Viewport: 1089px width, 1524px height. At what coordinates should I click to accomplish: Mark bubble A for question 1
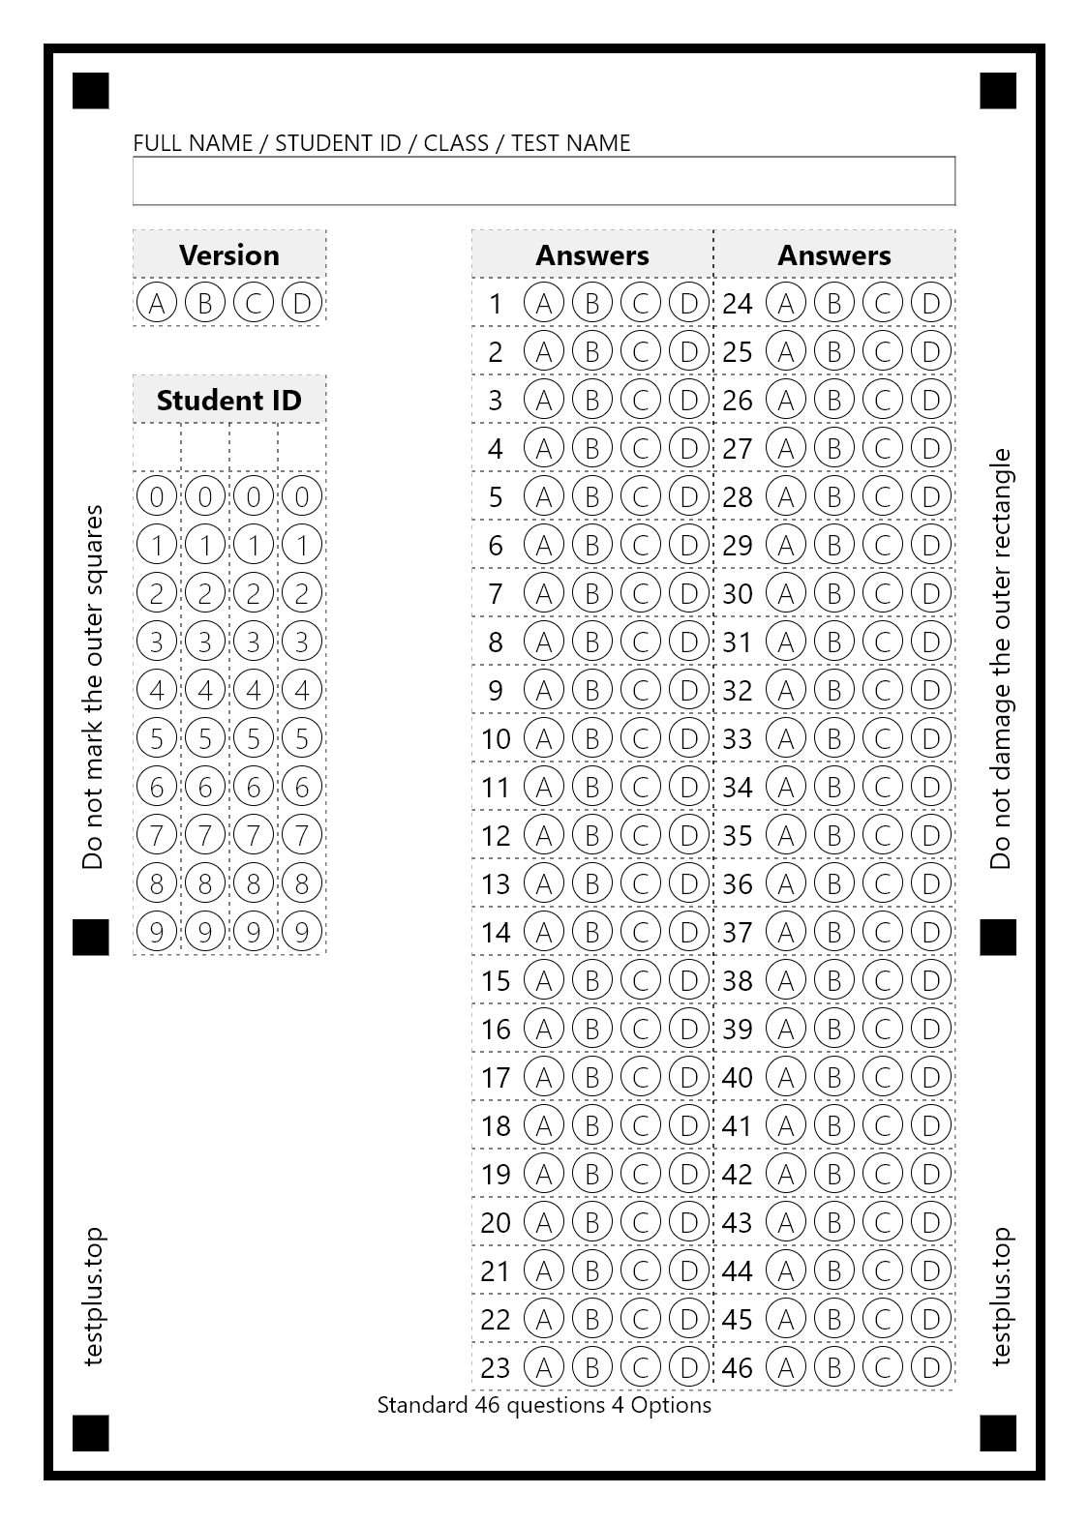(544, 303)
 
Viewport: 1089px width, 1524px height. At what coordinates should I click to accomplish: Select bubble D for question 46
(931, 1367)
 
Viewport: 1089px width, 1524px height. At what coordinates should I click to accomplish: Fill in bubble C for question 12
(641, 835)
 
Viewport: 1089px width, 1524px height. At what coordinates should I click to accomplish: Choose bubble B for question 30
(834, 593)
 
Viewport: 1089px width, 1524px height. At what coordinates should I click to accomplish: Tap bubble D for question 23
(689, 1367)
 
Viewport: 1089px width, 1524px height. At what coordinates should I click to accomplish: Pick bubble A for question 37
(786, 932)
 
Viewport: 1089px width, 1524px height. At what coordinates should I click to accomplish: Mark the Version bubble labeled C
(254, 303)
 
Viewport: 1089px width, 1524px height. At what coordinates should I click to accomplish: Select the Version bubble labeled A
(157, 303)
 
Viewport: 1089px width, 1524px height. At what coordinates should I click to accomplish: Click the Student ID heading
(229, 400)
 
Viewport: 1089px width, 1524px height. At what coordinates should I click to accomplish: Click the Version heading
(229, 254)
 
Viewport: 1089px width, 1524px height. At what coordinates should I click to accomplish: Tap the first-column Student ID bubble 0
(157, 496)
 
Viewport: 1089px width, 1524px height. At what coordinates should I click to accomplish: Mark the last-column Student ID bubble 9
(302, 932)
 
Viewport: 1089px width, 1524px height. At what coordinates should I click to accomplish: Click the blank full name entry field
(544, 181)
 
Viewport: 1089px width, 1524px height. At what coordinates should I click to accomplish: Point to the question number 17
(496, 1077)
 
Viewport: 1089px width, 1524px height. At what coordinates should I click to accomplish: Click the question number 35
(738, 835)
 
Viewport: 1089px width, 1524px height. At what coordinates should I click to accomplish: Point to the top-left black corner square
(91, 91)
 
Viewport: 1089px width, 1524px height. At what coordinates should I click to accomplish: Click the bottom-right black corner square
(998, 1433)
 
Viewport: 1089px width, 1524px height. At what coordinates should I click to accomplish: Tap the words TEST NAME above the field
(571, 143)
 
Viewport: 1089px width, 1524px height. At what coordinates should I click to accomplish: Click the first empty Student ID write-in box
(157, 448)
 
